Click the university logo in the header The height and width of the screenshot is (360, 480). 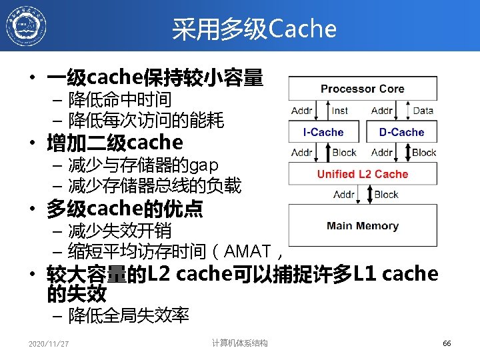(26, 26)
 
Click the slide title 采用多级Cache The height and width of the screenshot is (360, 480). (254, 29)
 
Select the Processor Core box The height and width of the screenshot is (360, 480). (362, 89)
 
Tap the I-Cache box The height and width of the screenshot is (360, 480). (323, 132)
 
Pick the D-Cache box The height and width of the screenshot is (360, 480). (401, 132)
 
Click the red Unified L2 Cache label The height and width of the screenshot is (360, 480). (362, 174)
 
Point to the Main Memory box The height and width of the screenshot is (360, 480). (362, 226)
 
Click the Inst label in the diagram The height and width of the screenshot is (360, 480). (340, 111)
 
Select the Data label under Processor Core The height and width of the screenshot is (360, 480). (423, 111)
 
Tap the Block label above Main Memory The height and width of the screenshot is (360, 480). (386, 195)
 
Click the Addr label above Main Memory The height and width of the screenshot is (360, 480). (343, 195)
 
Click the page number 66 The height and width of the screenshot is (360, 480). (447, 343)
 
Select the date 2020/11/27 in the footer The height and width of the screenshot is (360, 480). (49, 344)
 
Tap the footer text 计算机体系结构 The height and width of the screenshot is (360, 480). (239, 343)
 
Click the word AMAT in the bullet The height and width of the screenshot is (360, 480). (248, 251)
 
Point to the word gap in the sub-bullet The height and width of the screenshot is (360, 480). (204, 164)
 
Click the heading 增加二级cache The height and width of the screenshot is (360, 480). (114, 143)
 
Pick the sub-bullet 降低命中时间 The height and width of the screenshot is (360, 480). (120, 100)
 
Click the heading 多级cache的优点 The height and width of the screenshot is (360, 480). (124, 210)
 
